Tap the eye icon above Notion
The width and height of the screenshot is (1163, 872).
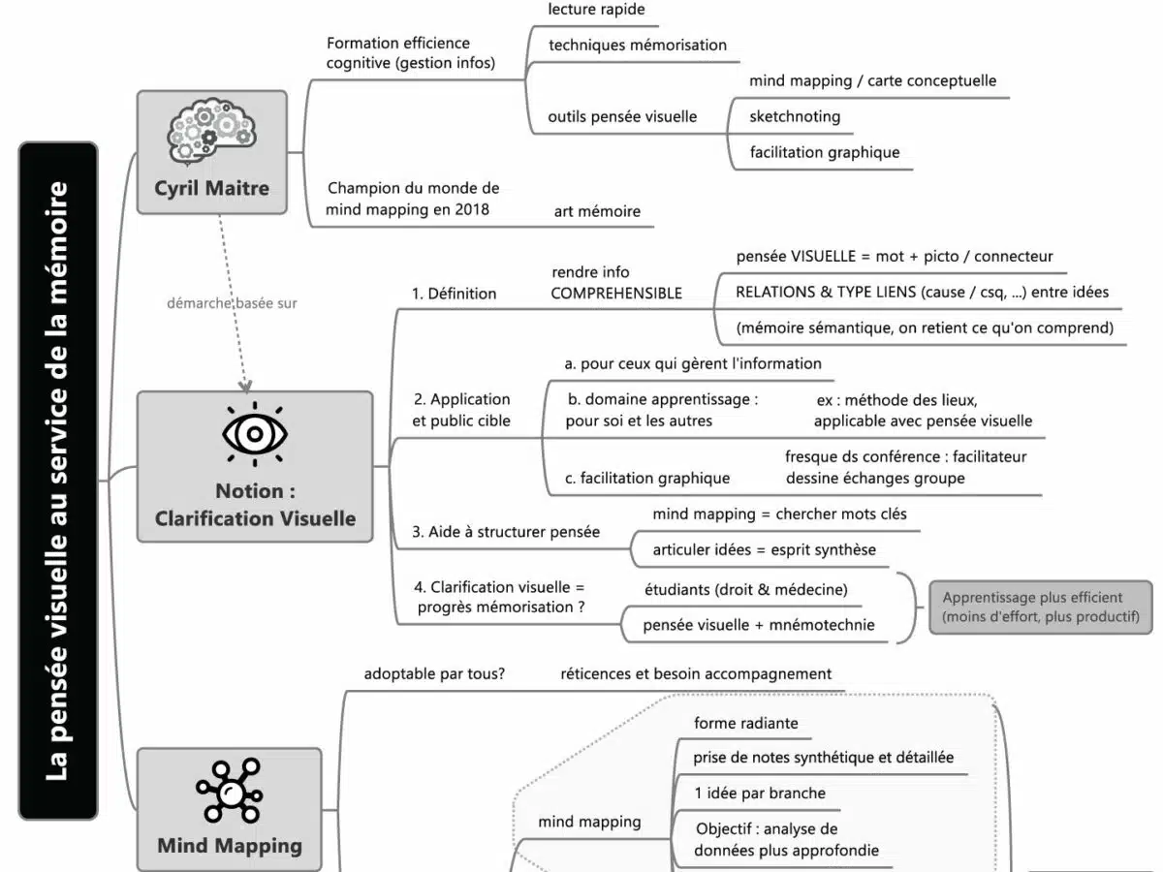coord(254,433)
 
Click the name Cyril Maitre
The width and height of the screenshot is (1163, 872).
coord(211,188)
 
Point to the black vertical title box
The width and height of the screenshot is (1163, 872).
coord(58,481)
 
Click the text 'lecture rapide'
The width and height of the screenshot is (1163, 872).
coord(596,10)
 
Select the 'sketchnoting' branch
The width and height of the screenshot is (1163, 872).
coord(795,116)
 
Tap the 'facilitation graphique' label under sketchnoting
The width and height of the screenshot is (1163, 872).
coord(825,152)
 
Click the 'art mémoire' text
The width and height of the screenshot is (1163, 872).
coord(597,211)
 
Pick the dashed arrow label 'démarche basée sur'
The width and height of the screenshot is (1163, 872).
coord(232,303)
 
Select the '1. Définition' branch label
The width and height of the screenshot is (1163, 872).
coord(455,294)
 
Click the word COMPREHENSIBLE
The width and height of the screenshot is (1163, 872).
coord(616,294)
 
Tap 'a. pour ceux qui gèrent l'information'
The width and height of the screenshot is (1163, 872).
coord(693,364)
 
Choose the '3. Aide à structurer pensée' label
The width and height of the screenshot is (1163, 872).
coord(506,532)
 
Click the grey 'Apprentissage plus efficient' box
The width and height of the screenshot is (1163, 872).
coord(1041,607)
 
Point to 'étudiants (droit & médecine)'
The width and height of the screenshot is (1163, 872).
coord(746,589)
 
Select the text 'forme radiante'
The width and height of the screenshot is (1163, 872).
coord(746,723)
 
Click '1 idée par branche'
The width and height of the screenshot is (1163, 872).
coord(760,794)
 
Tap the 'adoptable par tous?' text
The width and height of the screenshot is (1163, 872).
coord(434,674)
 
